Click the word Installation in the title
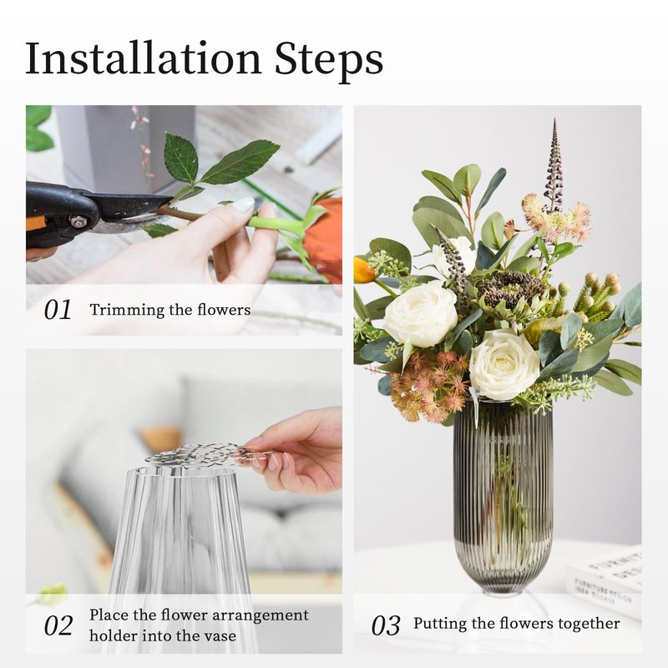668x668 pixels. [x=143, y=58]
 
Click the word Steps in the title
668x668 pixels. [x=329, y=60]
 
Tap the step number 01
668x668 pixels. [x=58, y=309]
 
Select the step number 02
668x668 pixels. [x=58, y=625]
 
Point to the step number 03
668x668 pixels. [x=386, y=625]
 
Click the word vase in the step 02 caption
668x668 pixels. [x=220, y=636]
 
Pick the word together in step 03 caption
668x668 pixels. [x=590, y=624]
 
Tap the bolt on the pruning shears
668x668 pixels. [x=78, y=221]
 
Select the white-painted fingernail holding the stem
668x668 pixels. [x=243, y=205]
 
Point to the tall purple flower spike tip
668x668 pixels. [x=554, y=120]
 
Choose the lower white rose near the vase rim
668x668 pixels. [x=504, y=364]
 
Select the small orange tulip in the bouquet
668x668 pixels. [x=363, y=270]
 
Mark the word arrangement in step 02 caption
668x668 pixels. [x=260, y=616]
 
